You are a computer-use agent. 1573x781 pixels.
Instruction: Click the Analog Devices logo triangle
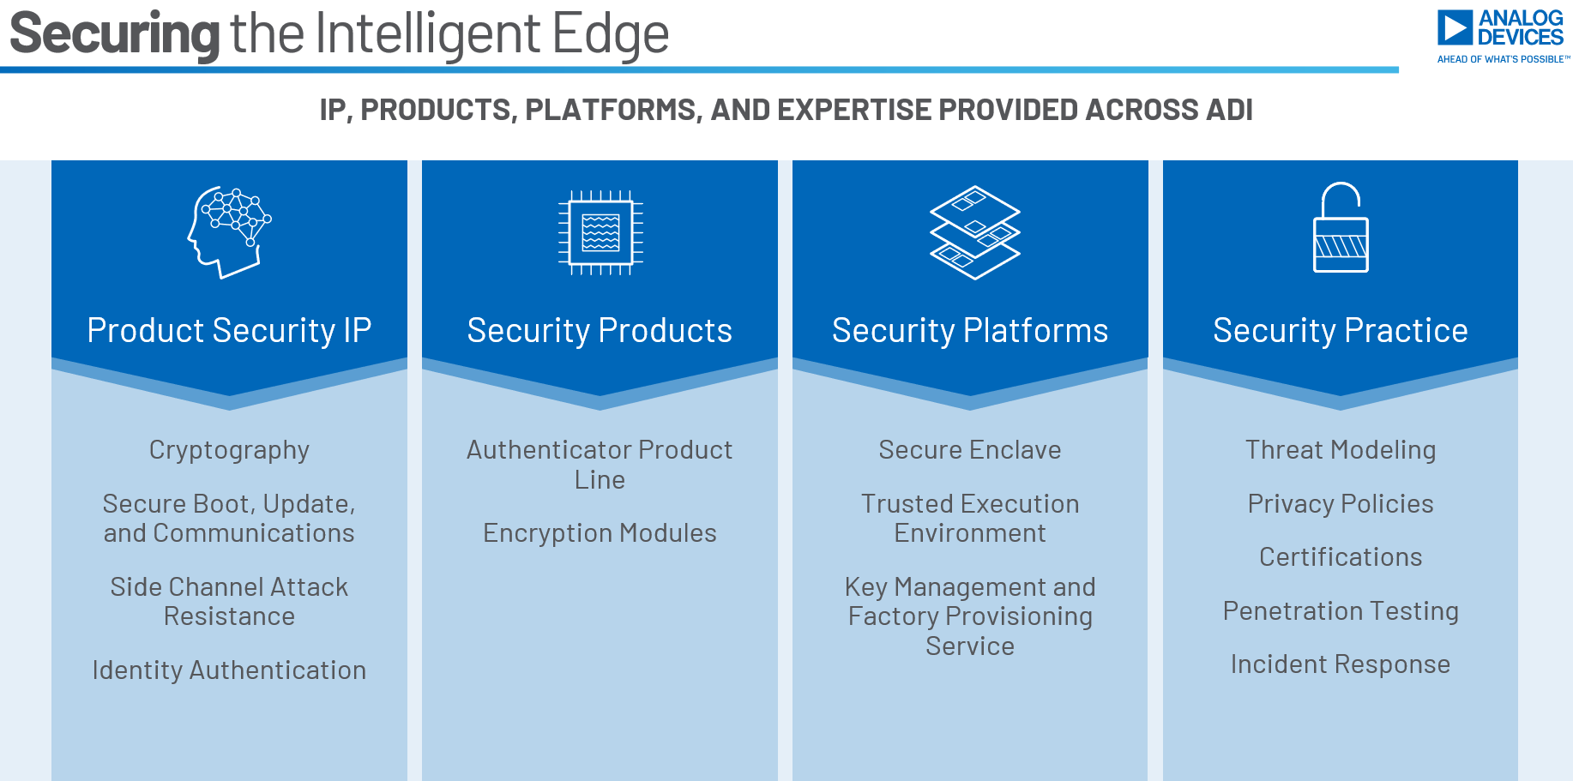pos(1455,27)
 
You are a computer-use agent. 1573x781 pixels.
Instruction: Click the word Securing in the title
pos(115,34)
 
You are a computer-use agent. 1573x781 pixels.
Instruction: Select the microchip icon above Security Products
pos(600,232)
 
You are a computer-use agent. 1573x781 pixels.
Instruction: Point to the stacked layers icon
pos(975,232)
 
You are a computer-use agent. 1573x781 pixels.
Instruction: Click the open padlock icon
pos(1341,228)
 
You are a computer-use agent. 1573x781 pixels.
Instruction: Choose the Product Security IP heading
pos(229,331)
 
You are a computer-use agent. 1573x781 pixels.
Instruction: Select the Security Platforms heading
pos(970,331)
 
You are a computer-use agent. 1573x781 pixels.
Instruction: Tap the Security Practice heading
pos(1340,331)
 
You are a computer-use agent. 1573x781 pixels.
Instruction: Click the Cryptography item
pos(229,450)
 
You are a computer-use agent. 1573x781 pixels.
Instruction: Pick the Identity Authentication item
pos(229,670)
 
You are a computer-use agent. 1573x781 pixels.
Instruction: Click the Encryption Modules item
pos(600,533)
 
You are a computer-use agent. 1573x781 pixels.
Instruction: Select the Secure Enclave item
pos(970,450)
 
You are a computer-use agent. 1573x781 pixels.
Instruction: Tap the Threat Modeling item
pos(1340,450)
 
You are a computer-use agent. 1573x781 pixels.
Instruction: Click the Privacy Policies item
pos(1340,504)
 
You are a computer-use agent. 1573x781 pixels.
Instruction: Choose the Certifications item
pos(1340,557)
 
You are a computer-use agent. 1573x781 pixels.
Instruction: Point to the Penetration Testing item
pos(1340,611)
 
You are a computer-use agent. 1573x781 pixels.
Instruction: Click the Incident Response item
pos(1340,664)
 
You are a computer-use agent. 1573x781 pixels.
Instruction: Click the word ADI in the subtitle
pos(1227,110)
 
